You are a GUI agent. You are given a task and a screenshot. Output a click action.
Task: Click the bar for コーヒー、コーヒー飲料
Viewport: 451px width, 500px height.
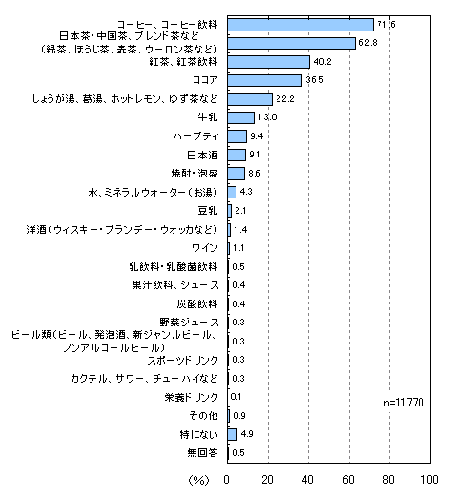pos(300,25)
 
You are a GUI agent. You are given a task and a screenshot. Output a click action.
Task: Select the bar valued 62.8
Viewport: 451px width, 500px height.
pos(292,43)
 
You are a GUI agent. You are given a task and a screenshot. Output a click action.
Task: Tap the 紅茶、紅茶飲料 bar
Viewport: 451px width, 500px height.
pos(268,62)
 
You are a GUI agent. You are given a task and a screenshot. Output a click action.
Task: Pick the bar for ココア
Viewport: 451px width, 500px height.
pos(264,80)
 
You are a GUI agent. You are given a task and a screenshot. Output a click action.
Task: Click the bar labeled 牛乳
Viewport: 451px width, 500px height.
pos(240,117)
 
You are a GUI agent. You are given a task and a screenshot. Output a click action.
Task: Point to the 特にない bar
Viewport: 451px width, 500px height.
pos(233,434)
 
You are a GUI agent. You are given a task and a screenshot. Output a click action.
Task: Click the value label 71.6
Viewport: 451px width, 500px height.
pos(386,25)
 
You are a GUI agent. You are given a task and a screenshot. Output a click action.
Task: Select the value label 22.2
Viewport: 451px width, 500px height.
pos(285,99)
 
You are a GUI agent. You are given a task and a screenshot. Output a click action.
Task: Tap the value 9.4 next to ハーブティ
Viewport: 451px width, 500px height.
pos(256,136)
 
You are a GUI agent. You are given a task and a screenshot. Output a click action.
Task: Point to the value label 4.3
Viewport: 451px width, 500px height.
pos(246,192)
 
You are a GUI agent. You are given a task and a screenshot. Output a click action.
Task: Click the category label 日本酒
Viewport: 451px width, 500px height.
pos(202,156)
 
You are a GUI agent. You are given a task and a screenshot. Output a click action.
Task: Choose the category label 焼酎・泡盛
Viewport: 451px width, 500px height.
pos(195,174)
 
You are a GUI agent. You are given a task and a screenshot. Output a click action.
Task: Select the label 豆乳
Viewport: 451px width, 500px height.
pos(208,211)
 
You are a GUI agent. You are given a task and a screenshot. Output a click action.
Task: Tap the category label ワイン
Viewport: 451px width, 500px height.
pos(205,248)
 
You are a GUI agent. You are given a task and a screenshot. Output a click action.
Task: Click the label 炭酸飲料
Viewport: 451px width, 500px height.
pos(197,303)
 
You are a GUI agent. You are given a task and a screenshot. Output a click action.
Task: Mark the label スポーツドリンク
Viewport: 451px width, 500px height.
pos(183,360)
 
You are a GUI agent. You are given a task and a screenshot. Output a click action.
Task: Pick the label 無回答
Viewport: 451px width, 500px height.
pos(202,453)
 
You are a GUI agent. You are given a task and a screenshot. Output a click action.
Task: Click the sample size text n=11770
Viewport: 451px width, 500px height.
pos(403,403)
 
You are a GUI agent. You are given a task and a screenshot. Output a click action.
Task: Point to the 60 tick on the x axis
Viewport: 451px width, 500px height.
pos(348,479)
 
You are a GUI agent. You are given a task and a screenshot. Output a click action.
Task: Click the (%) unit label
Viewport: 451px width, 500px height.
pos(199,480)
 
